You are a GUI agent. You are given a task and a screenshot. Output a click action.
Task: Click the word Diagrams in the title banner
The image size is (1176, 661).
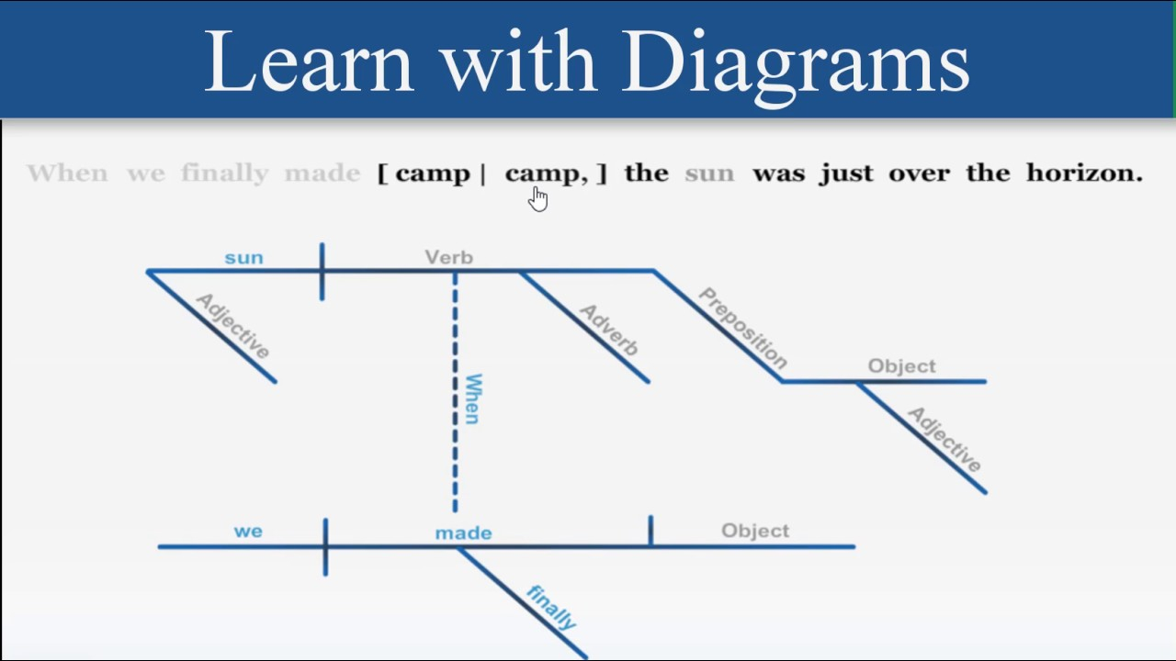tap(796, 65)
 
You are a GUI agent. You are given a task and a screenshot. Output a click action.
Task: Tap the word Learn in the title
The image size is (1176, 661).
tap(309, 62)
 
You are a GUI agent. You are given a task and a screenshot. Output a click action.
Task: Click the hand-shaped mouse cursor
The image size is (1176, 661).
tap(538, 199)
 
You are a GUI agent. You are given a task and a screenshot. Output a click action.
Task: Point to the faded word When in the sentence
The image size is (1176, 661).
tap(68, 173)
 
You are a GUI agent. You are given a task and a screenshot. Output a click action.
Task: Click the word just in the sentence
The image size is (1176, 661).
tap(846, 174)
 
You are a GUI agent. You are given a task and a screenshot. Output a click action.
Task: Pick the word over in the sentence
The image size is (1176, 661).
tap(919, 174)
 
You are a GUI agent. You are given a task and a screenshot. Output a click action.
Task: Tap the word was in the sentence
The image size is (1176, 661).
tap(778, 174)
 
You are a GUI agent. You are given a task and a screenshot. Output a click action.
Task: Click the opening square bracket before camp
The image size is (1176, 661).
tap(383, 174)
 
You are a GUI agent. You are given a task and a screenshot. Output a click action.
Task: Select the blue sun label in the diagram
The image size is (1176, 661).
tap(244, 258)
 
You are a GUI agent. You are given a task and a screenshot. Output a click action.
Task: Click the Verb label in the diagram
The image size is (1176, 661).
tap(449, 258)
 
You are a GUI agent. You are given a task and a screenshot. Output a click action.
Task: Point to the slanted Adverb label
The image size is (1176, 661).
tap(609, 330)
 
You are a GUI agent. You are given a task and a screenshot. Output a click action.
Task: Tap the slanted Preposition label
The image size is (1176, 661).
tap(743, 328)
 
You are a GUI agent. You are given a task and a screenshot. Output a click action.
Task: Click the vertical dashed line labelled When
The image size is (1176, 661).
tap(455, 391)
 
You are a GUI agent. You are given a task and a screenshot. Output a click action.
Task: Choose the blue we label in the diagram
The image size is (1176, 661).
tap(248, 532)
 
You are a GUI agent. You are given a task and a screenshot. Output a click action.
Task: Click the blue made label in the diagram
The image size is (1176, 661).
tap(464, 533)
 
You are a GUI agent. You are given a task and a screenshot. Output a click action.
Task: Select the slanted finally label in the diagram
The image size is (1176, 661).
tap(552, 607)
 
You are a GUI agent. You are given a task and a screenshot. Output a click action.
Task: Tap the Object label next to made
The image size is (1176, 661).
tap(755, 531)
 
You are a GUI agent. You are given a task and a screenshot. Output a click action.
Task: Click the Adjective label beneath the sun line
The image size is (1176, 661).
tap(232, 326)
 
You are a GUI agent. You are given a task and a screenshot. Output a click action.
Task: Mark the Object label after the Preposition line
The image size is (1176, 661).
tap(901, 366)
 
